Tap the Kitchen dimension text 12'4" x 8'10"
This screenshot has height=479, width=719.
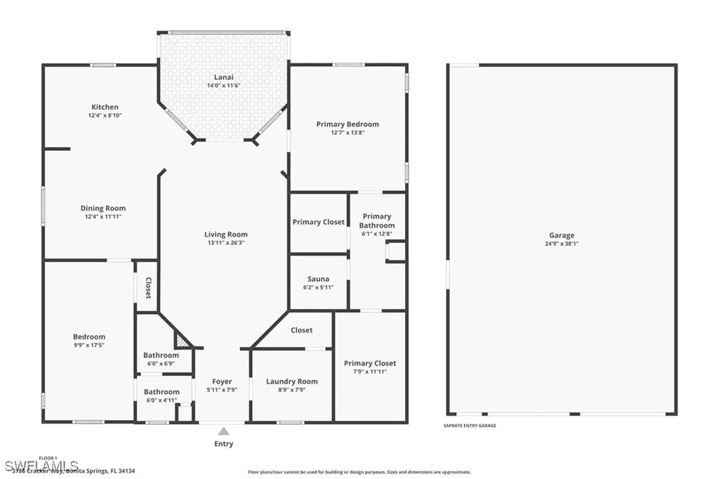coord(105,115)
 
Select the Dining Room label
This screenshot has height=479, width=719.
coord(103,208)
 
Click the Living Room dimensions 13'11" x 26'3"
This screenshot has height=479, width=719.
coord(225,243)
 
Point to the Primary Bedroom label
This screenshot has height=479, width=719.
coord(347,124)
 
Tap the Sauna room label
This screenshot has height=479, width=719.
coord(318,279)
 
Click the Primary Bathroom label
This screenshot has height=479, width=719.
coord(376,221)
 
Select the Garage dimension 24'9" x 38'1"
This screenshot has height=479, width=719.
coord(562,244)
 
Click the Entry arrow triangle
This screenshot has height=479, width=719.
coord(223,431)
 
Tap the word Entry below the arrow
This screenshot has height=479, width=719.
coord(223,444)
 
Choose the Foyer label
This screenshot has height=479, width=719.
coord(222,381)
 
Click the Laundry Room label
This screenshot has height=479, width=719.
coord(291,381)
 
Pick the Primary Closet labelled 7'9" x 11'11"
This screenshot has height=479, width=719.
coord(369,363)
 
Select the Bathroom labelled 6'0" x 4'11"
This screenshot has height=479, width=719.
coord(161,392)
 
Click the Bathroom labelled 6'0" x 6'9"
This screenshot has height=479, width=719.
coord(161,355)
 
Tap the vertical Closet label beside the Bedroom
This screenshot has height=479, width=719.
coord(148,288)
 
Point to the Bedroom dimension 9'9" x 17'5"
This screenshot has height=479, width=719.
coord(89,345)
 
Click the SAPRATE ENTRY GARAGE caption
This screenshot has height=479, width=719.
coord(470,426)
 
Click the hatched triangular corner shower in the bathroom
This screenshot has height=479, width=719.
coord(183,341)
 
